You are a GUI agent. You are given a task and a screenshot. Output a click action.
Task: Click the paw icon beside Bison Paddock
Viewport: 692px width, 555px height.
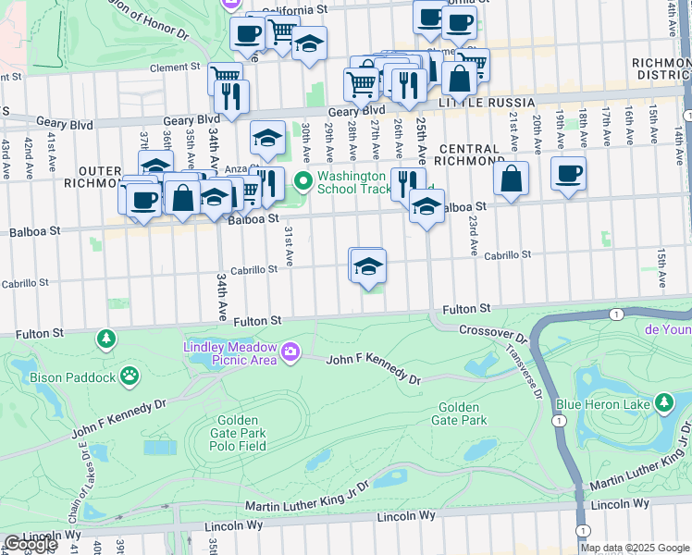coord(131,376)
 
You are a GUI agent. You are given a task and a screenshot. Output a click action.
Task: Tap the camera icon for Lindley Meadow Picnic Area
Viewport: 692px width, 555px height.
coord(290,351)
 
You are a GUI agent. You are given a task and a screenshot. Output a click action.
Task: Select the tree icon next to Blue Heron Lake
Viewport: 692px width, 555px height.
coord(663,402)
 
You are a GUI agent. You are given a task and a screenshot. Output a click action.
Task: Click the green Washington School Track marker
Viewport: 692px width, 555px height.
coord(302,180)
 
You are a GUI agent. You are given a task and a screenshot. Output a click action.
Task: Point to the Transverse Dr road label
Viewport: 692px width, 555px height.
coord(525,374)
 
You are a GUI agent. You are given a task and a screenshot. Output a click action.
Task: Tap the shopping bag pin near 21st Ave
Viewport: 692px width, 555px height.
coord(511,179)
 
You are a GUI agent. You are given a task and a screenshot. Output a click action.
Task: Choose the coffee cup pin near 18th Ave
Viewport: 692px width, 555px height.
coord(568,172)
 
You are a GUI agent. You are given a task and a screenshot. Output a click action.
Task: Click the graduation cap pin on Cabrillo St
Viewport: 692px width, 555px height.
coord(367,265)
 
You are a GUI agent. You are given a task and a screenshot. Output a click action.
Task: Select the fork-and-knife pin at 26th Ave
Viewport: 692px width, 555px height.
coord(407,181)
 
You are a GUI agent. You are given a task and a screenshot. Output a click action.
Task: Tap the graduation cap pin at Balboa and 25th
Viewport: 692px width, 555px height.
coord(426,205)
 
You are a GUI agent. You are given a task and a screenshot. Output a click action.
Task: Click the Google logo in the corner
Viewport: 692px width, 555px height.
coord(31,544)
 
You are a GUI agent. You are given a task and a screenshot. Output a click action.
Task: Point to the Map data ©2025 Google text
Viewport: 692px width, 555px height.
coord(635,548)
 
